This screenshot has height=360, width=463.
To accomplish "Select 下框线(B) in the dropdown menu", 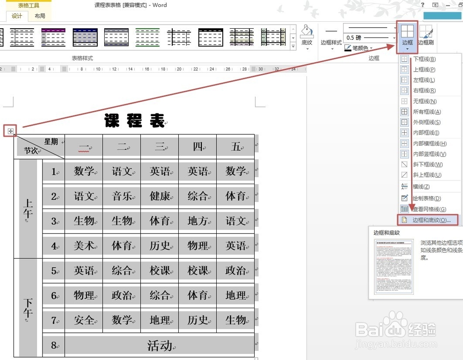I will tap(424, 59).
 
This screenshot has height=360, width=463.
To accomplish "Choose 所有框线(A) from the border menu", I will tap(426, 112).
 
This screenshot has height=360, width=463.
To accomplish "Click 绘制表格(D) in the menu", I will tap(426, 199).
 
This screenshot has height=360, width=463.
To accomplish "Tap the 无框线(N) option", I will tap(424, 101).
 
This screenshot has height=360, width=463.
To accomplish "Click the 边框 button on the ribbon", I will tap(407, 35).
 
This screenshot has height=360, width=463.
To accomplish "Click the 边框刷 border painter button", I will tap(425, 35).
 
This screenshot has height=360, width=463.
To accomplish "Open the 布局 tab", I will tap(40, 16).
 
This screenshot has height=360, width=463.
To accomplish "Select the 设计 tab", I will tap(17, 16).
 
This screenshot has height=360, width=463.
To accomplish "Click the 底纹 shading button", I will tap(307, 35).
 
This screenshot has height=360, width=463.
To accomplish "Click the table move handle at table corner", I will tap(10, 131).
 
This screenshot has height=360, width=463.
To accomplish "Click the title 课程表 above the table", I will tap(134, 121).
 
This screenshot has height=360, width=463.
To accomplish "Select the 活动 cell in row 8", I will tap(159, 345).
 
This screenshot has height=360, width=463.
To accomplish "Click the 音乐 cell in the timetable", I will tap(122, 196).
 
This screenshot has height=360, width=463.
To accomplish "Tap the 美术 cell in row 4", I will tap(84, 246).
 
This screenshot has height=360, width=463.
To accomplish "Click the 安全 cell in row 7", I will tap(84, 320).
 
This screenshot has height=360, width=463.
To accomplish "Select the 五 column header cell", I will tap(236, 147).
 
